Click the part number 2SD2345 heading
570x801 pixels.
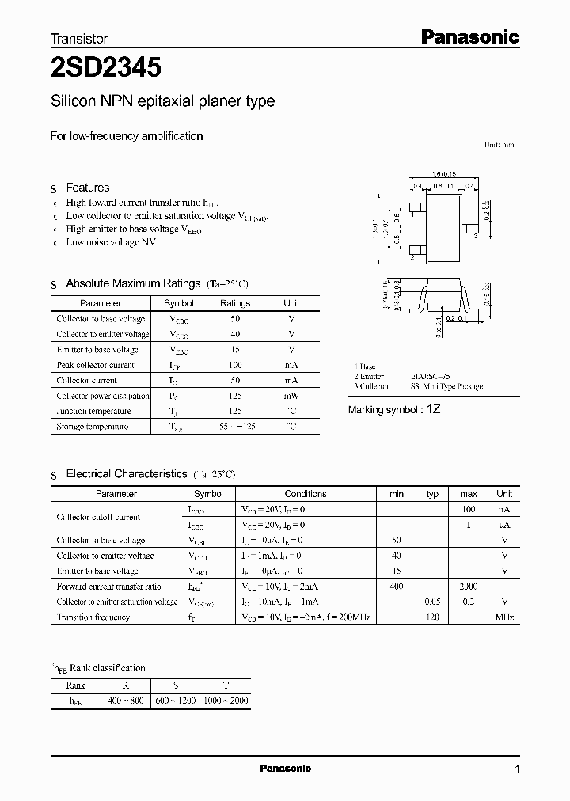pos(106,68)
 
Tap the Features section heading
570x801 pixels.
pos(87,188)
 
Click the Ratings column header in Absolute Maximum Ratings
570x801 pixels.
pos(234,303)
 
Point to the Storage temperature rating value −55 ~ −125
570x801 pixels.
pos(234,427)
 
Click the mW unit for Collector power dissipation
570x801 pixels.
pos(291,396)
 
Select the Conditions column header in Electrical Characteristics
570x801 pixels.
pos(305,494)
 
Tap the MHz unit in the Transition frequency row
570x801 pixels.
pos(504,617)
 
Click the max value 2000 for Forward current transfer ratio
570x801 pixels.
pos(468,587)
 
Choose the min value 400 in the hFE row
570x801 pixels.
pos(397,587)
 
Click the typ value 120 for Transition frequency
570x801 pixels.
pos(432,617)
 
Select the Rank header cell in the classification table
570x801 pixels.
pos(76,685)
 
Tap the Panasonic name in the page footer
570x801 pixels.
pos(286,769)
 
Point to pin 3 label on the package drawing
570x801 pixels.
pos(474,236)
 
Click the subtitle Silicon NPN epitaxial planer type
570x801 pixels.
pos(162,102)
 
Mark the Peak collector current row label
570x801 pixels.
pos(95,365)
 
